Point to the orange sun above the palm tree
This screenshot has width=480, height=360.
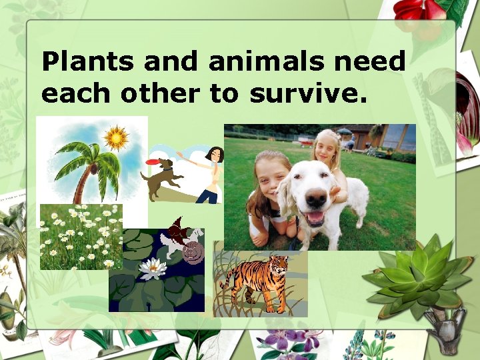pos(116,138)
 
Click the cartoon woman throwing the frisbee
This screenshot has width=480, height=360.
pos(209,173)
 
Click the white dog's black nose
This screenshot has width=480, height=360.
pos(318,198)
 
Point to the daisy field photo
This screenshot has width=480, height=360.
pos(80,237)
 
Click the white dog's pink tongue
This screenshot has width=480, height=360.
pos(313,217)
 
